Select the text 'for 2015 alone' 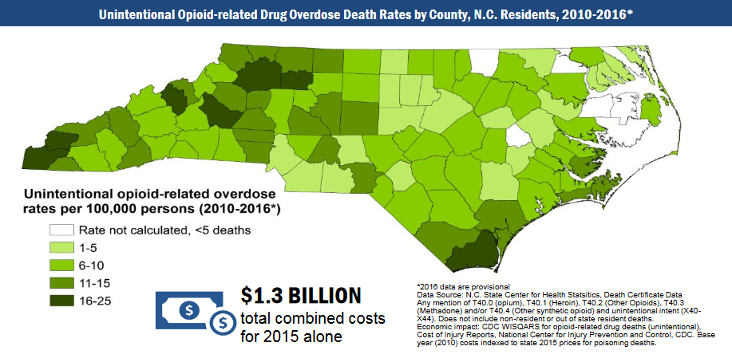tap(291, 336)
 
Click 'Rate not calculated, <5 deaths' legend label tap(164, 230)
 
